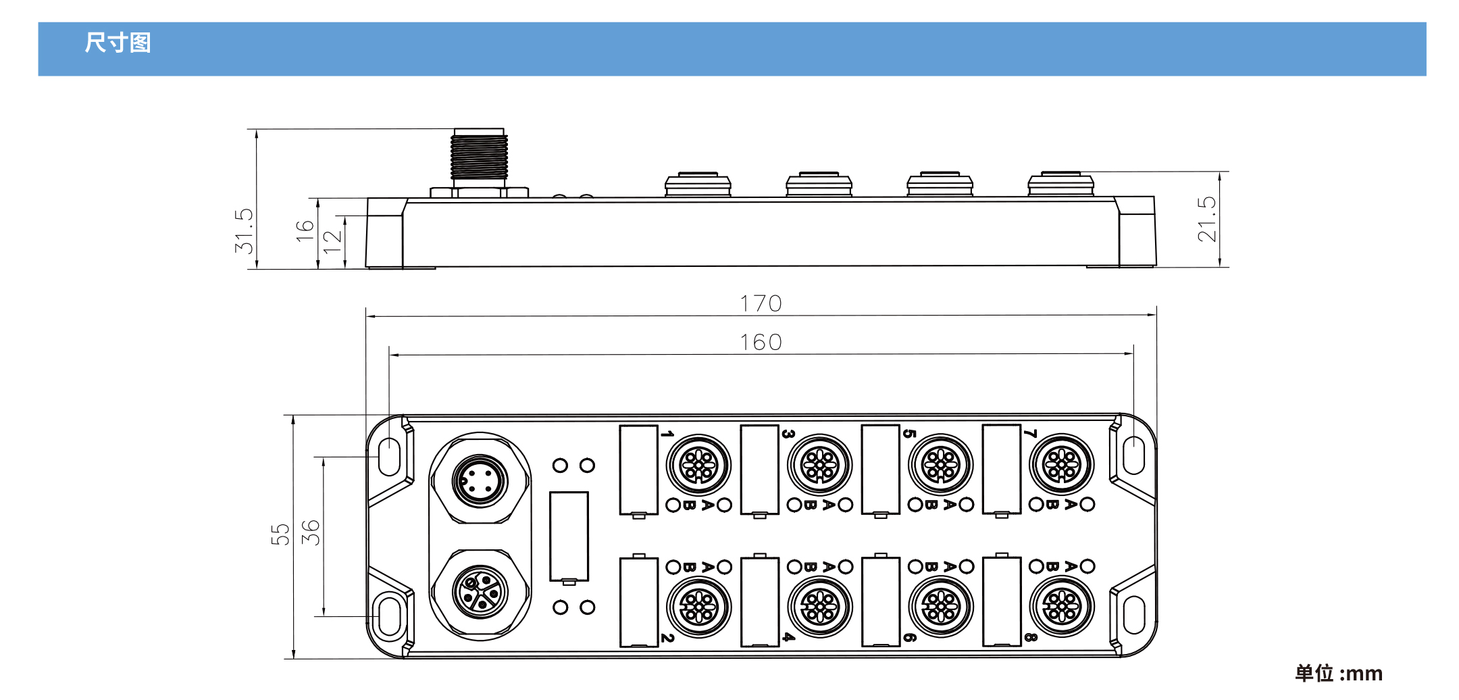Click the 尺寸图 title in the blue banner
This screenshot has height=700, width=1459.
(118, 43)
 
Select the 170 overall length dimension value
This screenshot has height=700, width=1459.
(761, 303)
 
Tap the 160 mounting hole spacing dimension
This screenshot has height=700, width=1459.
(761, 343)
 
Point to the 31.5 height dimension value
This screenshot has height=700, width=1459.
(244, 230)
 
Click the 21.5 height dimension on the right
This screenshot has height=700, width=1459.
(1206, 219)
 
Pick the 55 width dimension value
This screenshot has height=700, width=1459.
(280, 534)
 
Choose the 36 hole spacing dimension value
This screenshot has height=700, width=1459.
(310, 532)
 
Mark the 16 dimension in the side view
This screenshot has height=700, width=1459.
(305, 230)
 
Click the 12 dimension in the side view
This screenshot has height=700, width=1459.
(332, 241)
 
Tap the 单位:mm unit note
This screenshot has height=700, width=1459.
(1338, 673)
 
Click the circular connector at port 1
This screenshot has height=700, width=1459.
(698, 465)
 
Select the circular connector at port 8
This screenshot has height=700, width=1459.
(1062, 607)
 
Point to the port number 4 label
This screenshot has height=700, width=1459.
(788, 637)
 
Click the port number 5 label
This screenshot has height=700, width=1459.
(909, 434)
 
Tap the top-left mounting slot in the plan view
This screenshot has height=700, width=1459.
(389, 457)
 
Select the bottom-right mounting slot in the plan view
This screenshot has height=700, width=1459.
(1134, 615)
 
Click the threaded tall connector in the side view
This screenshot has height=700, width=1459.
(480, 157)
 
